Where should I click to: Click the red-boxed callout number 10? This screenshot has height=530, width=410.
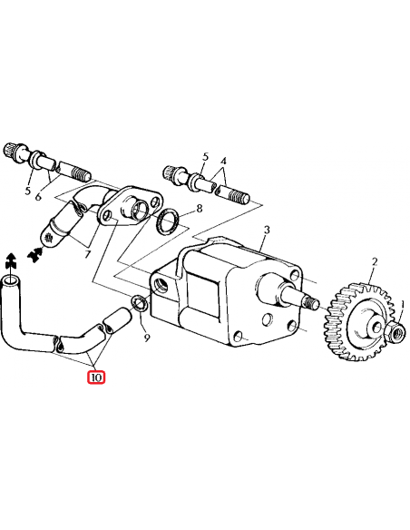pos(96,376)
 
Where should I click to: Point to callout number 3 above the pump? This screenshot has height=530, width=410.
pos(265,231)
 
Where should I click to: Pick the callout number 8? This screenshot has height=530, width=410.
pos(198,210)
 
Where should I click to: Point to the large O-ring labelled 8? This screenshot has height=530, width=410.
pos(165,221)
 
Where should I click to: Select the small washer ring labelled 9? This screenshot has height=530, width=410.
pos(140,304)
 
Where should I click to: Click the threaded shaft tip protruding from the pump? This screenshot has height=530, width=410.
pos(311,302)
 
